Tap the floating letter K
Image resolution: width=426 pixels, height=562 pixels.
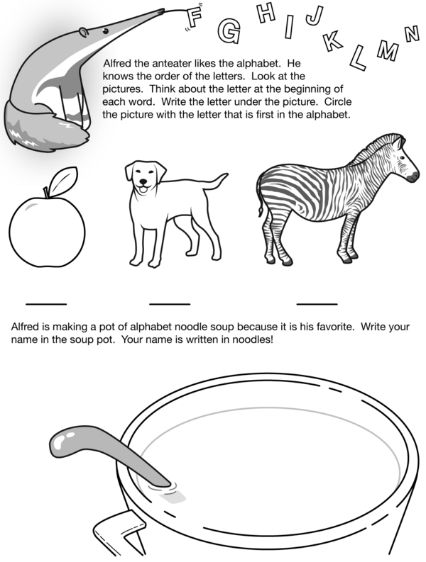point(332,42)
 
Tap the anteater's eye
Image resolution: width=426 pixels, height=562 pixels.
point(105,32)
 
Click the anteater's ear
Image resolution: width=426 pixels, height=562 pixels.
point(83,33)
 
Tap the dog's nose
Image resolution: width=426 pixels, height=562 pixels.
point(143,181)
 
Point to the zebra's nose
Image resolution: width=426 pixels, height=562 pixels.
point(415,175)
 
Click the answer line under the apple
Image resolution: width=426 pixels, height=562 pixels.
point(46,304)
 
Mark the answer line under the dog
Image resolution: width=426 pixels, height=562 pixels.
point(170,304)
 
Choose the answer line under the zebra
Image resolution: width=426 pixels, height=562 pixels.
point(317,304)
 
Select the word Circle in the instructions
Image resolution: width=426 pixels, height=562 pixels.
point(338,102)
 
